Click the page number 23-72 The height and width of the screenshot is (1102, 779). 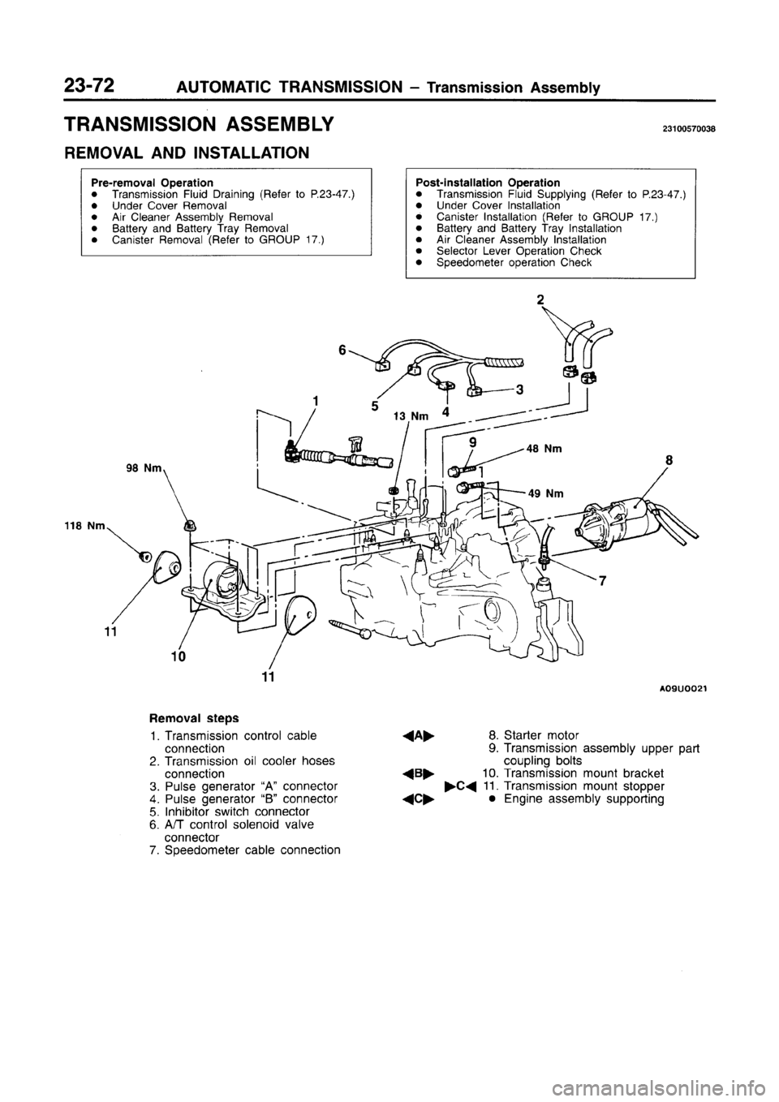(90, 84)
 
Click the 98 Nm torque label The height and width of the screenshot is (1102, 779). (146, 468)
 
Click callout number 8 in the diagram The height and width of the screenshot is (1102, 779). (669, 463)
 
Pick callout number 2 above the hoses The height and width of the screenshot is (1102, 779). (541, 299)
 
